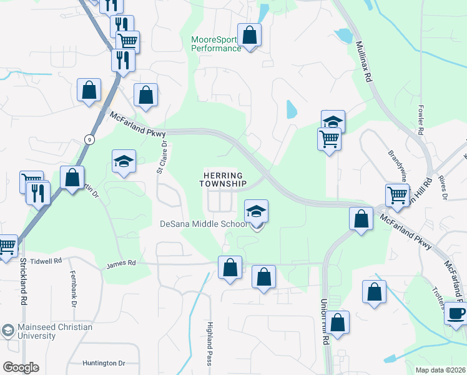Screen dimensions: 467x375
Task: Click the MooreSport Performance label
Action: [216, 44]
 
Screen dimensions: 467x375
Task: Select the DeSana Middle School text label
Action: [203, 224]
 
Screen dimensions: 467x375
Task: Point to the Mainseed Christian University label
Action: [47, 331]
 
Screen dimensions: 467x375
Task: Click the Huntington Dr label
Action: [104, 363]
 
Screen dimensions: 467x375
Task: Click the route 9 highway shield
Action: [91, 140]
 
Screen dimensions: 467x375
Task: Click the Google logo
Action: [21, 367]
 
